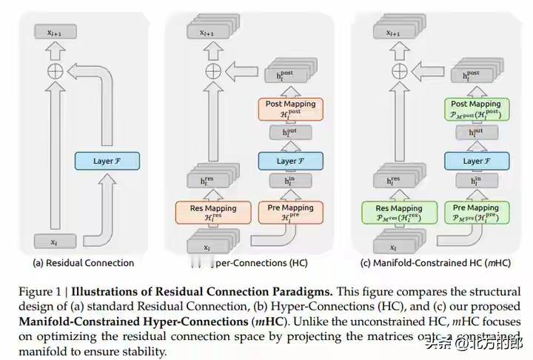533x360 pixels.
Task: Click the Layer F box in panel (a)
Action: (x=107, y=161)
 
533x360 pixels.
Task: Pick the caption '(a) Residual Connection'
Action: (x=84, y=263)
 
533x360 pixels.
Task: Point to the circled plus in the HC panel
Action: (x=212, y=70)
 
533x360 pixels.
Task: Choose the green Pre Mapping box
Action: (x=475, y=212)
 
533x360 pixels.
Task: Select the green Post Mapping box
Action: (x=475, y=108)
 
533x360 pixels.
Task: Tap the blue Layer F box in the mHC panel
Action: (x=475, y=161)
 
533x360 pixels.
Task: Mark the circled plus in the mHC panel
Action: (x=398, y=70)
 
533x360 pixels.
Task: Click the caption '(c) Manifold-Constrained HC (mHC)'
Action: (x=435, y=263)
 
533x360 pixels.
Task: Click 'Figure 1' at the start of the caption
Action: (x=38, y=292)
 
